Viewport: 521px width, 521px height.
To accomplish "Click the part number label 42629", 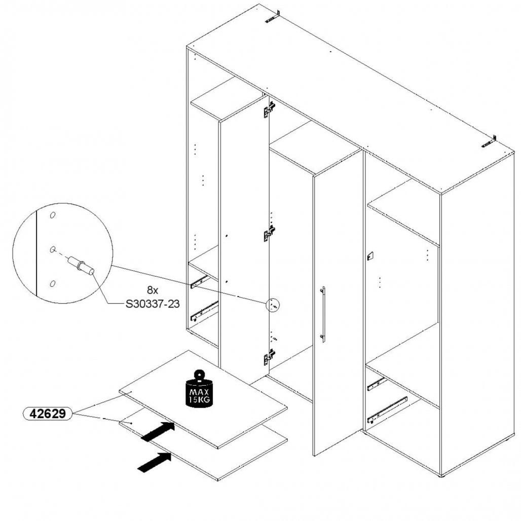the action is coord(48,414).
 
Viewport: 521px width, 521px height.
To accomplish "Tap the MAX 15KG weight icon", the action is coord(199,388).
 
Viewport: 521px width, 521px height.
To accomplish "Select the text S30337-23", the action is coord(153,304).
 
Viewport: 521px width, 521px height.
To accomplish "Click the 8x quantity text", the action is coord(153,290).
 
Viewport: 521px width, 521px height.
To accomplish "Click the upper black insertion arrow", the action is coord(158,432).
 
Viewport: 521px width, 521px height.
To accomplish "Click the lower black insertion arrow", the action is coord(155,462).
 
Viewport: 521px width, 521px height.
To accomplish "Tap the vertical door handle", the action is coord(323,314).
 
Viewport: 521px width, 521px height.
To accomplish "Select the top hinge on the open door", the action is coord(269,109).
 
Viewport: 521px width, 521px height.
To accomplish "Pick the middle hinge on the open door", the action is coord(269,233).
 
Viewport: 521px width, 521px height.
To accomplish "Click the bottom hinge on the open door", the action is coord(269,357).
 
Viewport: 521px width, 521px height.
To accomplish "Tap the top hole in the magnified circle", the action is coord(53,215).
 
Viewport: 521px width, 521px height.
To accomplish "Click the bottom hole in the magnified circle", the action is coord(52,283).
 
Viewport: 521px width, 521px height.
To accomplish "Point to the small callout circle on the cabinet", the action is coord(273,305).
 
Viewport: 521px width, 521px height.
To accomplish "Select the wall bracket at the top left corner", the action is coord(273,17).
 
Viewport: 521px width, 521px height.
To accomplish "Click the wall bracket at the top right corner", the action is coord(489,141).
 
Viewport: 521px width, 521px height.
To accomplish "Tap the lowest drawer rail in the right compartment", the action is coord(387,411).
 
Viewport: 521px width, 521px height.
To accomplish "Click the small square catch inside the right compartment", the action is coord(370,256).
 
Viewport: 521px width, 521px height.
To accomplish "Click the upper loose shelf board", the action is coord(203,399).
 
